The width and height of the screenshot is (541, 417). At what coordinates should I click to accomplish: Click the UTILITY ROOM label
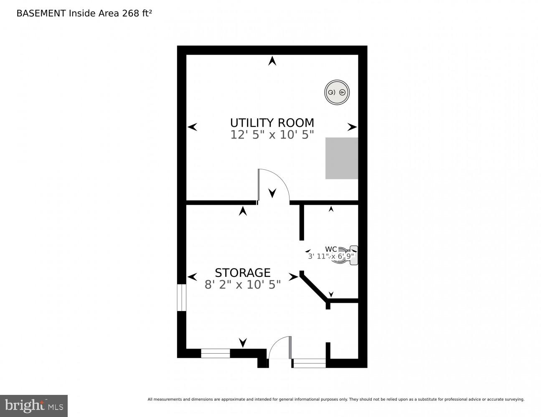tap(272, 123)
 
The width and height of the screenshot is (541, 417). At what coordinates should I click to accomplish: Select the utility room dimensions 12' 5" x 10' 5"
tap(272, 135)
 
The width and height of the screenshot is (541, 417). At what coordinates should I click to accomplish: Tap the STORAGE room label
tap(243, 273)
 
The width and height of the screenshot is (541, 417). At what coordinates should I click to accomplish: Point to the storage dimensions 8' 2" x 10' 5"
tap(243, 285)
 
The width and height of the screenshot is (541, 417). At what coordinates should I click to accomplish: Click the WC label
tap(331, 250)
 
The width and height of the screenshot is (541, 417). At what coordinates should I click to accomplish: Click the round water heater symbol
tap(337, 93)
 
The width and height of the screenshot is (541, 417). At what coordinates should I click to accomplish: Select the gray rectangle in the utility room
tap(342, 158)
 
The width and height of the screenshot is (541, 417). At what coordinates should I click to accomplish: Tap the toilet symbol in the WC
tap(347, 256)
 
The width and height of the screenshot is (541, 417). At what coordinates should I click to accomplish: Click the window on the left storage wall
tap(181, 297)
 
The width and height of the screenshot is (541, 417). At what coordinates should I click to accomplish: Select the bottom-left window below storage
tap(216, 353)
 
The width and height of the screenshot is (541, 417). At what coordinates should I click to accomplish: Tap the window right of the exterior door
tap(309, 363)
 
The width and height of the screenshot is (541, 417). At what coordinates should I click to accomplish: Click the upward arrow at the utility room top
tap(272, 61)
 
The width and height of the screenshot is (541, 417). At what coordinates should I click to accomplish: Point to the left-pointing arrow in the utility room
tap(192, 127)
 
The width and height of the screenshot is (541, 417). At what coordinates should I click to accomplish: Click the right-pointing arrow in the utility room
tap(352, 127)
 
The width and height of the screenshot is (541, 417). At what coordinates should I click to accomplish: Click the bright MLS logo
tap(33, 405)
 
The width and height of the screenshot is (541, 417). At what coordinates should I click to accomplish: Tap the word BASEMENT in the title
tap(41, 13)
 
